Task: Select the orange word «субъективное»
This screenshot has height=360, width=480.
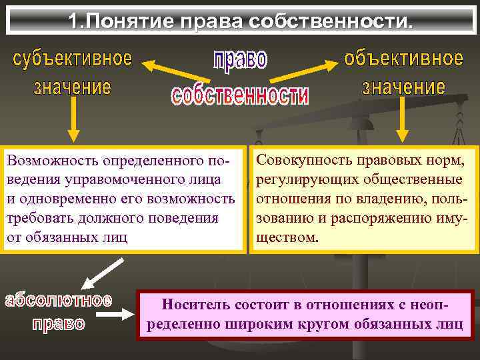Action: click(x=73, y=59)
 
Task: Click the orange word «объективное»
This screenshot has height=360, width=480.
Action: click(x=403, y=59)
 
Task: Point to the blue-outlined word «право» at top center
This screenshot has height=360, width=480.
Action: click(x=240, y=60)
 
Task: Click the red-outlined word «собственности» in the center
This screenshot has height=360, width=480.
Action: click(x=240, y=96)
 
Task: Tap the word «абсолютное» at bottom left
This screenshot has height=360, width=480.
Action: click(x=59, y=299)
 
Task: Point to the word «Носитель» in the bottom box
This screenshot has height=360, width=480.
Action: click(x=195, y=305)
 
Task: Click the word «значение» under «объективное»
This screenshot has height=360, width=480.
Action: click(x=403, y=87)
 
